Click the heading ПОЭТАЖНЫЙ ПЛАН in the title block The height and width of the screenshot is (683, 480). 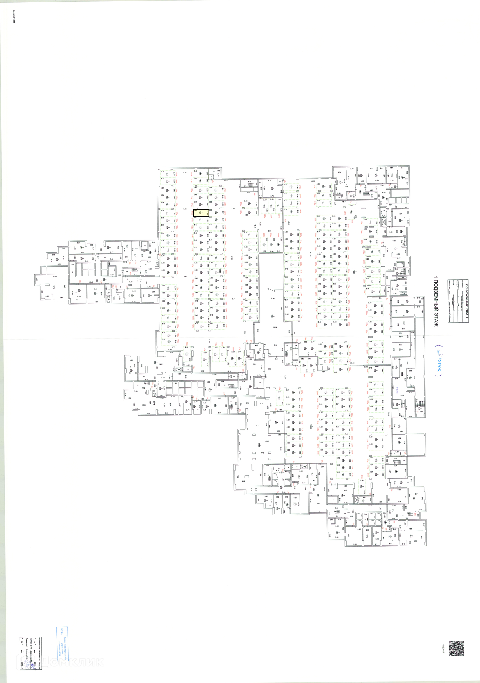point(466,300)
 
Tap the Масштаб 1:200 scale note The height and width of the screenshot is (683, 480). point(14,20)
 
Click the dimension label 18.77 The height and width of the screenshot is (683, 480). point(313,181)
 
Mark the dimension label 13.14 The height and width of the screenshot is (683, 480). point(275,327)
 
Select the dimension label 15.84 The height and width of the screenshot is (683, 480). point(144,405)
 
